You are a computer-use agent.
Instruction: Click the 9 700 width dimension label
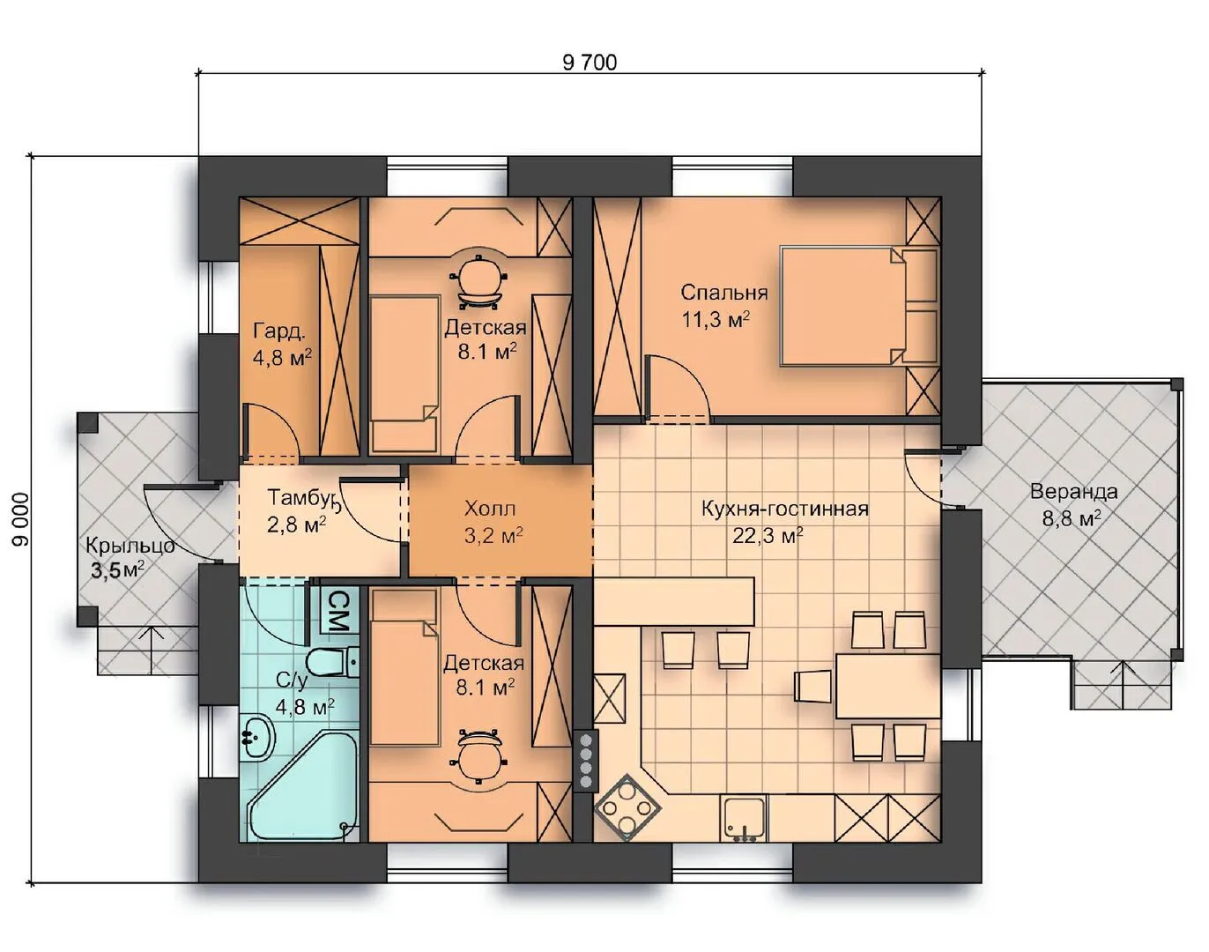[x=590, y=63]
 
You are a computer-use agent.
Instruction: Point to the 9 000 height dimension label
[x=20, y=520]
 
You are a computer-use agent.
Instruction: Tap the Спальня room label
[x=723, y=293]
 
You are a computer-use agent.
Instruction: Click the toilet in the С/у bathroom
[x=332, y=663]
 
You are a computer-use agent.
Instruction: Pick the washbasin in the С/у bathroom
[x=257, y=737]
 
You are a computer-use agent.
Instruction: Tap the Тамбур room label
[x=302, y=497]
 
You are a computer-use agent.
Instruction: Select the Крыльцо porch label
[x=130, y=545]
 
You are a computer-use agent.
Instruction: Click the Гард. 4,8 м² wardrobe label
[x=282, y=344]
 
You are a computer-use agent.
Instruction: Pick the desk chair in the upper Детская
[x=478, y=281]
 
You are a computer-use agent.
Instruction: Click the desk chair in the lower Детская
[x=478, y=756]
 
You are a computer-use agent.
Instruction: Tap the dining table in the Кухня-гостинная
[x=887, y=686]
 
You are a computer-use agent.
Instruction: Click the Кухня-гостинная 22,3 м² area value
[x=768, y=536]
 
